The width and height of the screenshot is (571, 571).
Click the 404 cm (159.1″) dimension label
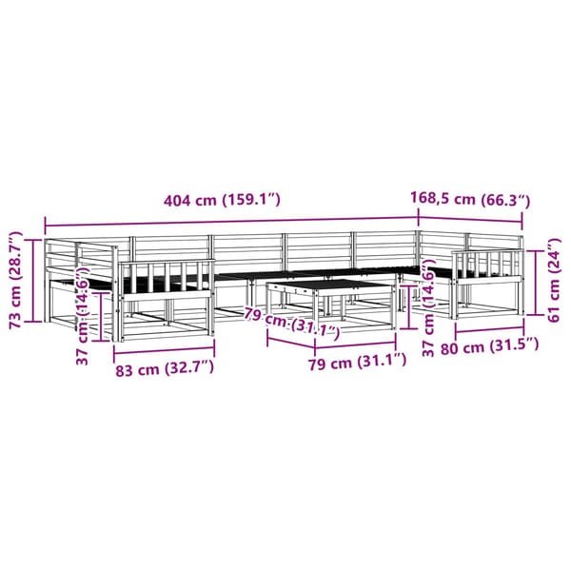point(222,200)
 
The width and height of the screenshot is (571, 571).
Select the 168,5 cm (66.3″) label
point(470,199)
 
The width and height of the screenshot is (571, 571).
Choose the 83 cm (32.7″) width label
point(165,369)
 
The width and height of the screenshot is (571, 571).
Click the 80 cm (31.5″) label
point(489,347)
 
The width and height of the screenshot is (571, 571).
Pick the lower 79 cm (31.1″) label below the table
point(357,362)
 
